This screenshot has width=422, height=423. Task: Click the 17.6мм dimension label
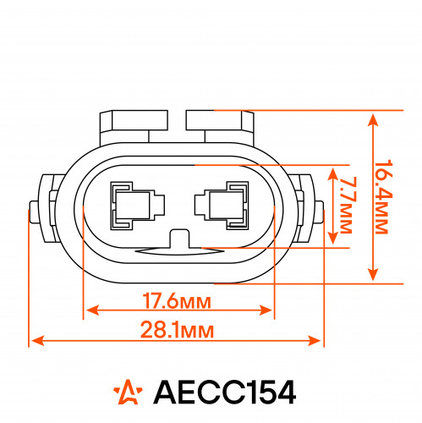(x=177, y=301)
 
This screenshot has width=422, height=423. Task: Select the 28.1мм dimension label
(x=177, y=330)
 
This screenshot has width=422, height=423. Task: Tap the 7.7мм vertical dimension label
(x=348, y=206)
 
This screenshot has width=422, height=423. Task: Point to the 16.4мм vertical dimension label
(x=383, y=197)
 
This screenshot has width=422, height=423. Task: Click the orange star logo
(x=129, y=392)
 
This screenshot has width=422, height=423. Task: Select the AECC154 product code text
(x=225, y=393)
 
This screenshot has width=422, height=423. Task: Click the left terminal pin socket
(x=137, y=206)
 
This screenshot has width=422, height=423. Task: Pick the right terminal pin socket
(x=222, y=206)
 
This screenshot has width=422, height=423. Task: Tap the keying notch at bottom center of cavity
(x=179, y=239)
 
